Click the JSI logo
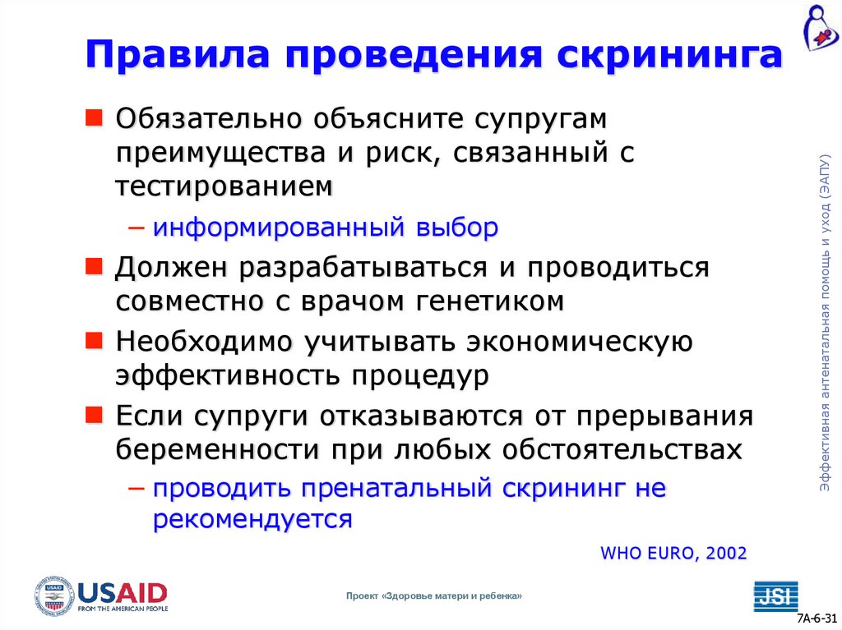coord(775,596)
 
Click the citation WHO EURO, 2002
coord(673,553)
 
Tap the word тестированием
coord(224,186)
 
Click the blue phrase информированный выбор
coord(325,227)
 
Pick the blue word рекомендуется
coord(252,519)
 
